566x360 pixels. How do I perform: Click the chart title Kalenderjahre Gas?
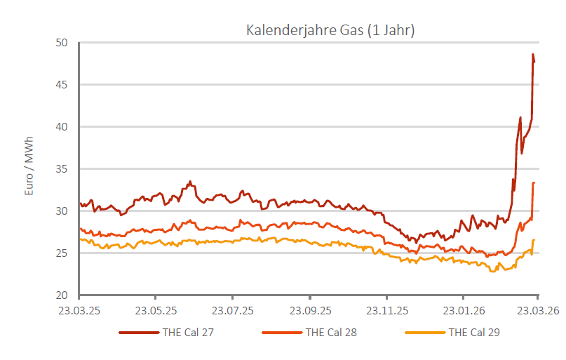pos(330,30)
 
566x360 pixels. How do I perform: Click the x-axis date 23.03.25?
pos(79,310)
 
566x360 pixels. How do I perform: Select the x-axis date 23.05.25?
pos(155,310)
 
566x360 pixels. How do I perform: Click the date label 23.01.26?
pos(464,310)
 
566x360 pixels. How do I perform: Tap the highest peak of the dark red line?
pos(533,55)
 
